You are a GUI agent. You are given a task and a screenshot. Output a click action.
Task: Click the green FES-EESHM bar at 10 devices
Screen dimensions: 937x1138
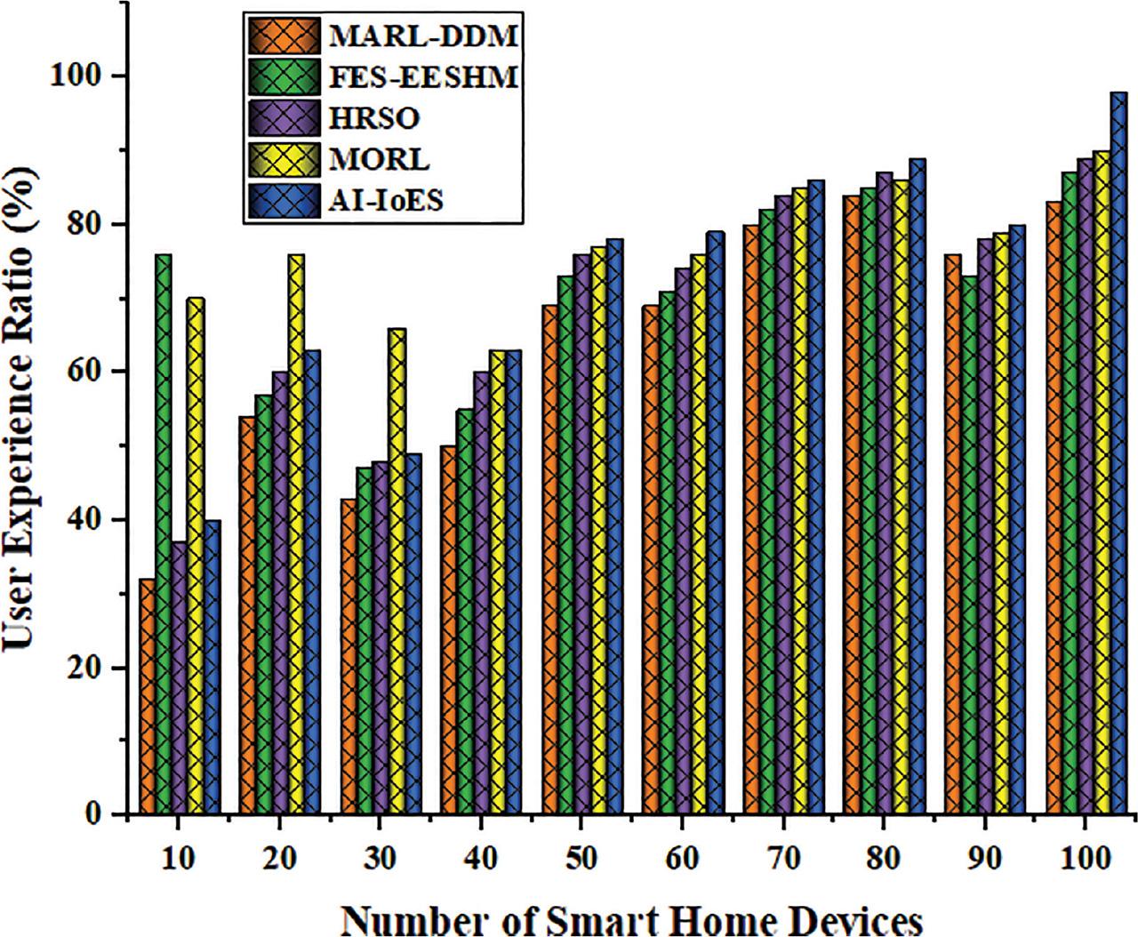tap(164, 533)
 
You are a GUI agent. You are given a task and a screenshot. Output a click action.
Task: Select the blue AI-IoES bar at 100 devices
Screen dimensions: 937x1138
tap(1118, 453)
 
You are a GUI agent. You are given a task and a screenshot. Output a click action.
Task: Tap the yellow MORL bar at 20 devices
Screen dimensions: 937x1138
tap(296, 533)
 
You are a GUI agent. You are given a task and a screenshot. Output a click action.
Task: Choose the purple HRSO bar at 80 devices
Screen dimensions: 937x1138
tap(884, 493)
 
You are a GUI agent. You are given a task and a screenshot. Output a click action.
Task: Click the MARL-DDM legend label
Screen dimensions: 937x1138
tap(422, 37)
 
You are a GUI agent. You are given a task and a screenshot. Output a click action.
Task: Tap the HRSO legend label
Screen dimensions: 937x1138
tap(373, 119)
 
